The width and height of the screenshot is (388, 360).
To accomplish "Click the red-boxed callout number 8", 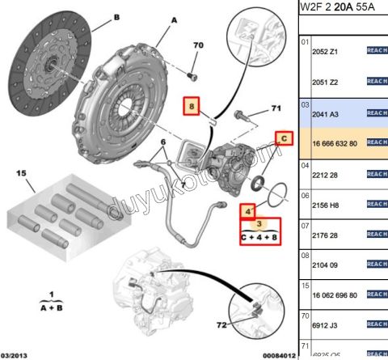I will [x=192, y=106].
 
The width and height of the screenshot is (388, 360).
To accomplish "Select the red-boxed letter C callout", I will [x=284, y=138].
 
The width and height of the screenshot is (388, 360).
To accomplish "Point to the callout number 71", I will [x=275, y=108].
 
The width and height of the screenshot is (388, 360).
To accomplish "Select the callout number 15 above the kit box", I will [x=23, y=173].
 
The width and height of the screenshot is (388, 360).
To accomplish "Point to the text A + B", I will [x=51, y=307].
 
